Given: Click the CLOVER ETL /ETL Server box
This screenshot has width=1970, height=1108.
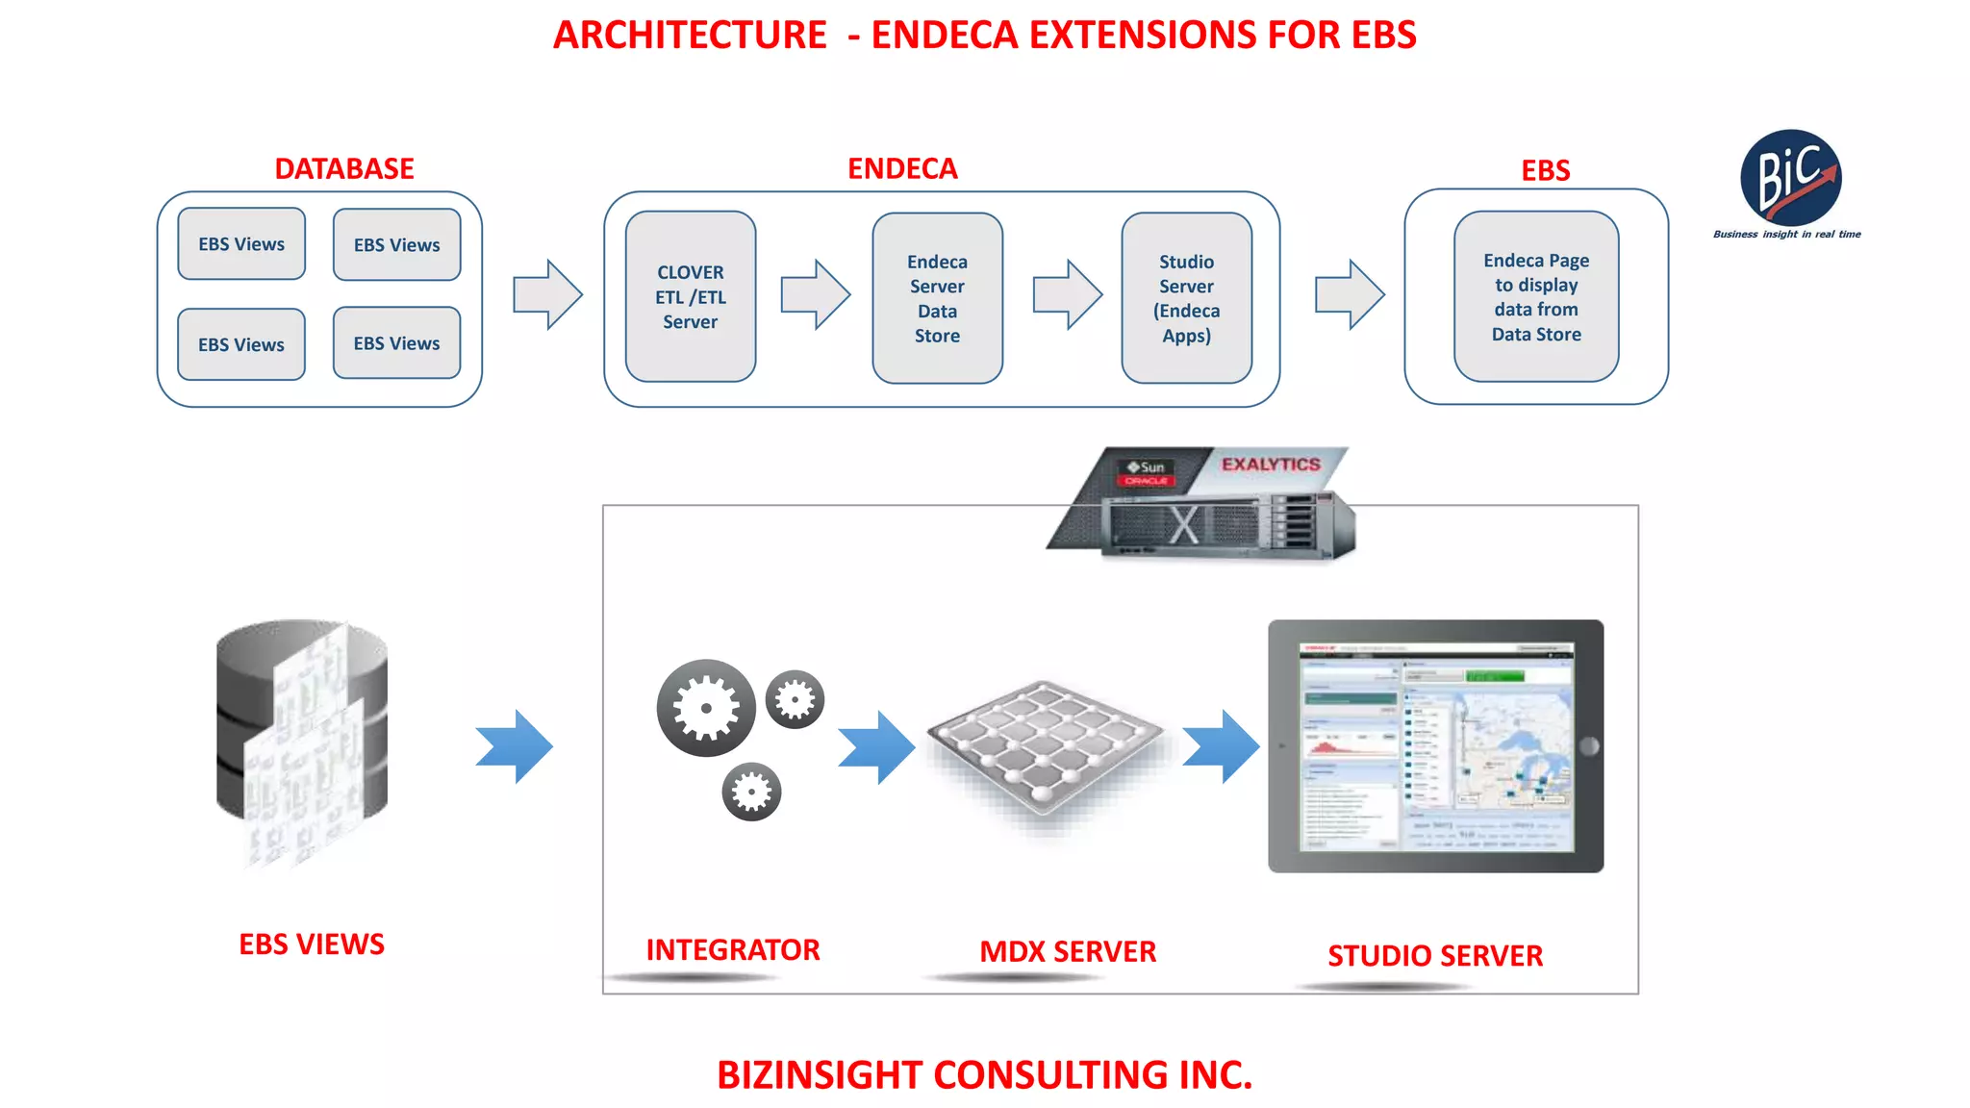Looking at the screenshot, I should pos(690,296).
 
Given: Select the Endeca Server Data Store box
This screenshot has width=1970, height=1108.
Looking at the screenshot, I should pos(937,298).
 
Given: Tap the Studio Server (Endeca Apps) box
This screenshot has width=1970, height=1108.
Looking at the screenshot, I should pos(1186,298).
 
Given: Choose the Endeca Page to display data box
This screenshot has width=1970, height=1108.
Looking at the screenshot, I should pos(1535,296).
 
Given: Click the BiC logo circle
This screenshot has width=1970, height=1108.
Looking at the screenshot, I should pos(1790,178).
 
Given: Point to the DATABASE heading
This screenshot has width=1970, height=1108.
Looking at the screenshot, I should pos(344,168).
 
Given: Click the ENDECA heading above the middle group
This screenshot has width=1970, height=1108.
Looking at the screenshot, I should pos(902,168).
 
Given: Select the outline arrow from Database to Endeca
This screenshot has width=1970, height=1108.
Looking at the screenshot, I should pos(547,294).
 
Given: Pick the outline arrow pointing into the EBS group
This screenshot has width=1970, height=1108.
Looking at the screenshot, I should pos(1350,294).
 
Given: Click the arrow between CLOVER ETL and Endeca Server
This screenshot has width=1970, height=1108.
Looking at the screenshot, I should pos(815,294).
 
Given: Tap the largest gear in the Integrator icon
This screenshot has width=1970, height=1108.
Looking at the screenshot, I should pos(705,708).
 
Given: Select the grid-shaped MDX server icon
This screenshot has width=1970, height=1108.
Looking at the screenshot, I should pos(1046,745).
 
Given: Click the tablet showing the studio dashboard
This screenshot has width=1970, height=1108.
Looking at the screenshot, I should pos(1435,746).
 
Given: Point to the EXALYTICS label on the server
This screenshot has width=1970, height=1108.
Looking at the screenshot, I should pos(1271,465).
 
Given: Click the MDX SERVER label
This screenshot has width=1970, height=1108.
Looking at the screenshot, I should pos(1067,951).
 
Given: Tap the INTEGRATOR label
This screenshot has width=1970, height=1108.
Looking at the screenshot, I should pos(732,949).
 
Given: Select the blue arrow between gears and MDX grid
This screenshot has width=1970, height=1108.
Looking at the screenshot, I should pos(876,746).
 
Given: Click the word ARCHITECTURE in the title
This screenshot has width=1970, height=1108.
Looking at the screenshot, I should pos(690,36).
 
